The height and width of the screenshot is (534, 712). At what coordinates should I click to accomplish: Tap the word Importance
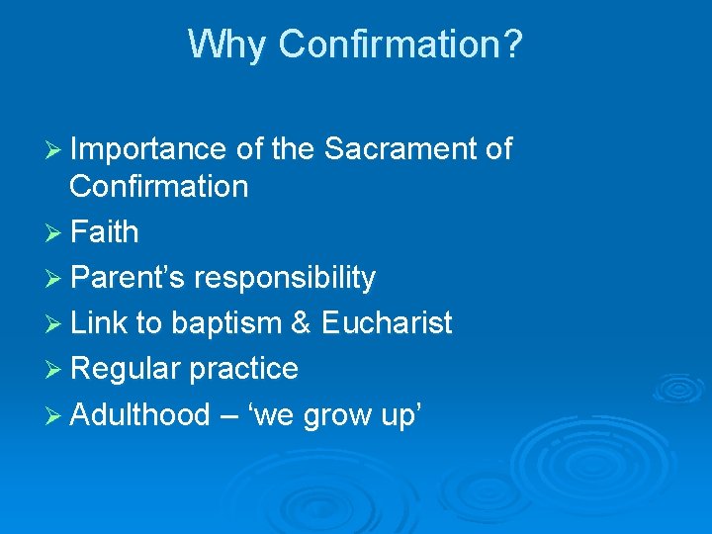(148, 149)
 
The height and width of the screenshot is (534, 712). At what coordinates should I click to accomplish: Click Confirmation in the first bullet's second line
(158, 186)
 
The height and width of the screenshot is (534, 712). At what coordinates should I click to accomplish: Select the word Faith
(104, 232)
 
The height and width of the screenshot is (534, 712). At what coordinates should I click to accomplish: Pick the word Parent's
(128, 278)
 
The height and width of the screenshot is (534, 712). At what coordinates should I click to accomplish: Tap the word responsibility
(285, 278)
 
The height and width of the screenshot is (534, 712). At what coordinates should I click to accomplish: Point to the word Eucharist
(387, 323)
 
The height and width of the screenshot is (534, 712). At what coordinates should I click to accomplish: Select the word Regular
(126, 369)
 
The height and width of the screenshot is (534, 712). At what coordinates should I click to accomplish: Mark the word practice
(243, 369)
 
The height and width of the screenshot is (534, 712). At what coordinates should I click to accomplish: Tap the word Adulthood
(139, 414)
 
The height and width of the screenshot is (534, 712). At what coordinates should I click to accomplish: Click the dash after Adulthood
(229, 416)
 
